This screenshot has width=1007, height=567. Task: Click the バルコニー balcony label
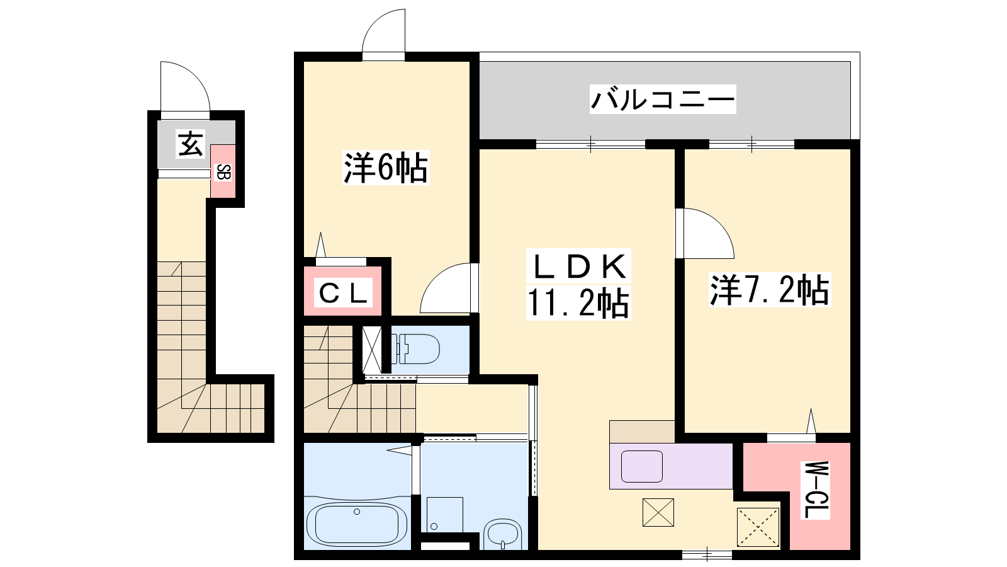coord(663,99)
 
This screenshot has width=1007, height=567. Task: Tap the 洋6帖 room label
coord(386,168)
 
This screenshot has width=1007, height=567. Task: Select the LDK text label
coord(578,266)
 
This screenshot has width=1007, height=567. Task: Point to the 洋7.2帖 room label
coord(770,290)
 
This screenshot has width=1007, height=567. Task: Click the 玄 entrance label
coord(191,144)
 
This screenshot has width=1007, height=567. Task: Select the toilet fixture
coord(416,348)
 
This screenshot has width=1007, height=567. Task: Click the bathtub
coord(357,524)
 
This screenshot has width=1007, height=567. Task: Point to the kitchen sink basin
coord(642,466)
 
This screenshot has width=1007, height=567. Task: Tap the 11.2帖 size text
coord(578,303)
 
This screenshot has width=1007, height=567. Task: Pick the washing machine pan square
coord(444,515)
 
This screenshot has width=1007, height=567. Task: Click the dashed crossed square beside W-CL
coord(758,527)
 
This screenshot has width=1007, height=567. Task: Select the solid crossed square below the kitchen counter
coord(658,512)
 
